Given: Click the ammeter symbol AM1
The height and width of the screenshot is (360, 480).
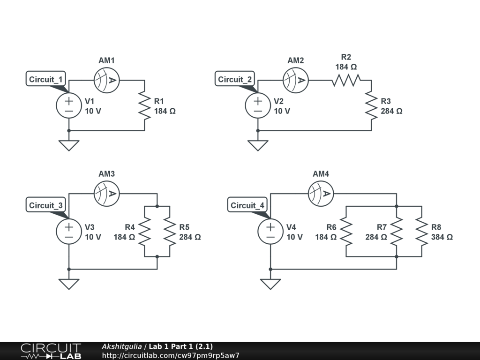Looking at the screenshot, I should pyautogui.click(x=107, y=80).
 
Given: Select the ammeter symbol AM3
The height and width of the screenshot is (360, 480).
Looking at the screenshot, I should pyautogui.click(x=107, y=193).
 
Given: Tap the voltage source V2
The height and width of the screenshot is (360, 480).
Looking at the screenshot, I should pyautogui.click(x=258, y=105).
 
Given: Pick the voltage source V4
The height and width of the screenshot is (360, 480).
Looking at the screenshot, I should pyautogui.click(x=271, y=232).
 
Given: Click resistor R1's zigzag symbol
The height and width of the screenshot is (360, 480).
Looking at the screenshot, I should pyautogui.click(x=144, y=106).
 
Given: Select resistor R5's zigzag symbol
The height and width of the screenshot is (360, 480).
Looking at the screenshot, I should pyautogui.click(x=169, y=232).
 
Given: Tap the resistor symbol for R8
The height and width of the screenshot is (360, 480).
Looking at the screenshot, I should pyautogui.click(x=421, y=232).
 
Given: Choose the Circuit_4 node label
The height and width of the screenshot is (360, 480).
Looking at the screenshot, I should pyautogui.click(x=247, y=205).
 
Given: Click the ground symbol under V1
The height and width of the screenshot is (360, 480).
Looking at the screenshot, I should pyautogui.click(x=69, y=145).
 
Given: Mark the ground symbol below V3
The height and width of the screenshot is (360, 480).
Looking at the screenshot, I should pyautogui.click(x=69, y=284).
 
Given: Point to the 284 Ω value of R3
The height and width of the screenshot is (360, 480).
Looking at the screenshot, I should pyautogui.click(x=391, y=111).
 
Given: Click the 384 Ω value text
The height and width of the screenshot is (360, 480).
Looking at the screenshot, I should pyautogui.click(x=442, y=237).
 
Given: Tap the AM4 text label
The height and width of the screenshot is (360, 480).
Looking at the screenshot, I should pyautogui.click(x=321, y=174).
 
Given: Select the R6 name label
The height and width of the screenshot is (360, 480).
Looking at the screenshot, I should pyautogui.click(x=331, y=227).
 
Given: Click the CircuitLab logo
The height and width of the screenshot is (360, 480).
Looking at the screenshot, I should pyautogui.click(x=51, y=351).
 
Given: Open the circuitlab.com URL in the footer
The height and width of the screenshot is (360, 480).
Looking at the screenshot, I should pyautogui.click(x=171, y=355).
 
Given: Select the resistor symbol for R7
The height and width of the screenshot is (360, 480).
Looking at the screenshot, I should pyautogui.click(x=397, y=232).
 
